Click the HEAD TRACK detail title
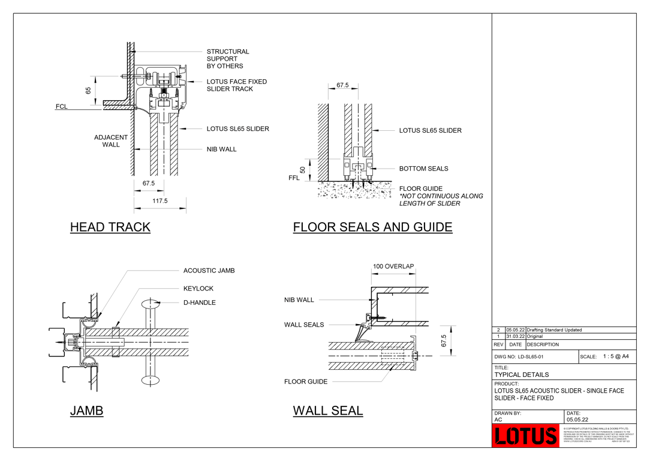110,227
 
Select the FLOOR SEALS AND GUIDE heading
372,227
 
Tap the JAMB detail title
86,411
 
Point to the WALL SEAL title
327,411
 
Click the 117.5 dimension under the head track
160,201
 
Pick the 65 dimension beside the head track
88,91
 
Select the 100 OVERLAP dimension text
393,267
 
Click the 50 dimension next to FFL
303,170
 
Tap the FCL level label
62,107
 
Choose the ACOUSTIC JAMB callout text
209,271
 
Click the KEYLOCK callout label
198,289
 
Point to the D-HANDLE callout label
199,303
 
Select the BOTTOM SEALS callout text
423,169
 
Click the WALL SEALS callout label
303,325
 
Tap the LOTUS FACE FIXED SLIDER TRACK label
236,85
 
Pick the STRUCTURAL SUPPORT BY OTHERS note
227,59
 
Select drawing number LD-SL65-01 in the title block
519,357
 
